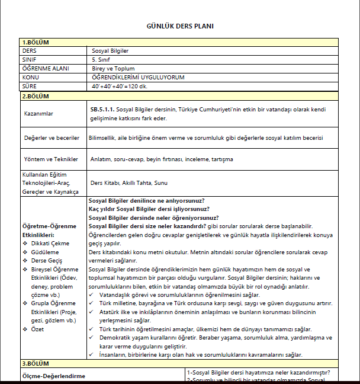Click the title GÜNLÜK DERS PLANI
[180, 26]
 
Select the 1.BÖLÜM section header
[36, 42]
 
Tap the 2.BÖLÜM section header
[36, 96]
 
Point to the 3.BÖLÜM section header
[36, 363]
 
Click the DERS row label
[29, 51]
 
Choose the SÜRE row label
[29, 86]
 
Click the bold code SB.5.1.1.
[102, 110]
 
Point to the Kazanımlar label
[39, 113]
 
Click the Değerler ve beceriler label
[52, 137]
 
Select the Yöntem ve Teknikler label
[51, 159]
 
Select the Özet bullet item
[38, 329]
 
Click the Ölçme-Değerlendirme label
[54, 376]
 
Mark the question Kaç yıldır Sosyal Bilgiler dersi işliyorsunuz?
[149, 209]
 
